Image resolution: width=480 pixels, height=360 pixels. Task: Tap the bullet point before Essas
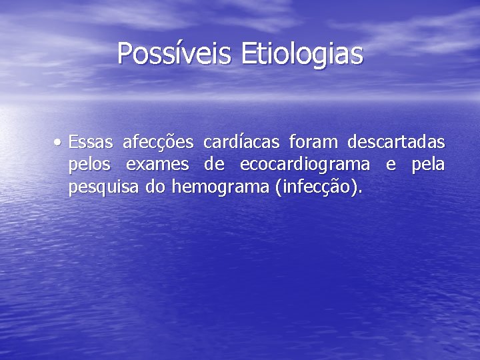click(60, 142)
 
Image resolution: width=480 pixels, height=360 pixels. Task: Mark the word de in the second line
click(213, 165)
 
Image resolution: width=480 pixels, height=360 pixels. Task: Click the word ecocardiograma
click(303, 165)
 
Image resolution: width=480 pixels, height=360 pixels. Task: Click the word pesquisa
click(104, 189)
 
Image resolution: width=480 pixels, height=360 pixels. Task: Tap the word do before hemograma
click(155, 188)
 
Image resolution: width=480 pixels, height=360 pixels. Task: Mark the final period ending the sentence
click(361, 193)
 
